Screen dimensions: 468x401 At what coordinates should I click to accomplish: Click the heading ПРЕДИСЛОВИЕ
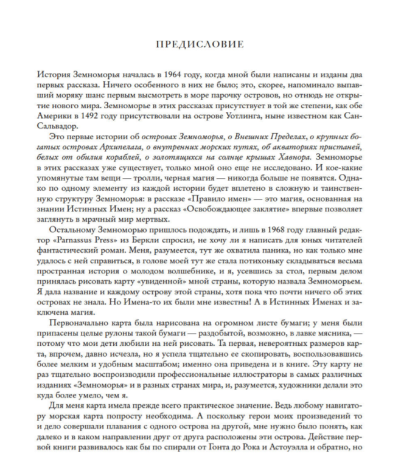(x=200, y=44)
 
